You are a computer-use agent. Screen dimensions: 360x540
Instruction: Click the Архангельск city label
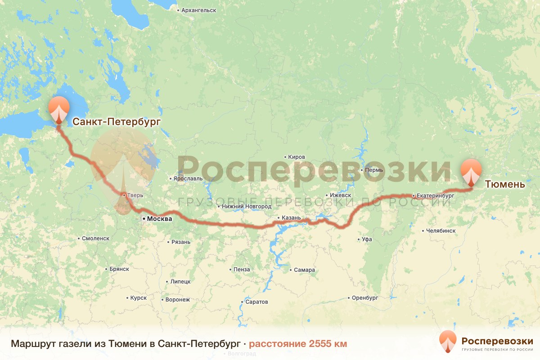[x=198, y=10]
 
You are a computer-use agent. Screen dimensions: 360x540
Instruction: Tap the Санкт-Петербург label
[x=117, y=121]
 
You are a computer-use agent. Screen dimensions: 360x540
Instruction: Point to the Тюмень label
[x=505, y=184]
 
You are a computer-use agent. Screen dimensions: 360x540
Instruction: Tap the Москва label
[x=159, y=219]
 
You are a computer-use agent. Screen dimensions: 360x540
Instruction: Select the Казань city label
[x=291, y=218]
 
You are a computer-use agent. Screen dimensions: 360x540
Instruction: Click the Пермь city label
[x=374, y=170]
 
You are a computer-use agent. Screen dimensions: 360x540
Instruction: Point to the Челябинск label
[x=441, y=231]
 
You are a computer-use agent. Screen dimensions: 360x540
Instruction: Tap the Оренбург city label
[x=364, y=298]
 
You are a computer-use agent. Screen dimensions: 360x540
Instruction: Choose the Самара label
[x=305, y=270]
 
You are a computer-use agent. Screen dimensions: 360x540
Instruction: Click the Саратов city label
[x=256, y=301]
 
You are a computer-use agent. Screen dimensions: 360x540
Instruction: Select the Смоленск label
[x=96, y=238]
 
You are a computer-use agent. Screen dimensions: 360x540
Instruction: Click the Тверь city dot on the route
[x=123, y=195]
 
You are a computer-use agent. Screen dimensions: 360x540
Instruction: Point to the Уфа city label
[x=367, y=239]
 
